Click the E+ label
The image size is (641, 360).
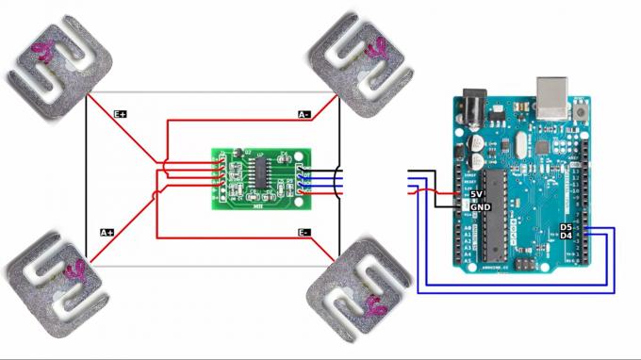pos(121,113)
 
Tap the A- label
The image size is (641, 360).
pos(304,115)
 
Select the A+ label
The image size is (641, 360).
pos(107,232)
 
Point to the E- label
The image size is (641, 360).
pos(304,233)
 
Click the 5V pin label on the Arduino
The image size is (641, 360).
pos(477,194)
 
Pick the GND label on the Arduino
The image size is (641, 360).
pos(480,206)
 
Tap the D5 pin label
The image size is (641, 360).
pos(566,227)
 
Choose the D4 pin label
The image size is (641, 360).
pos(566,236)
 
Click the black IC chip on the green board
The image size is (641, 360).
pos(261,172)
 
